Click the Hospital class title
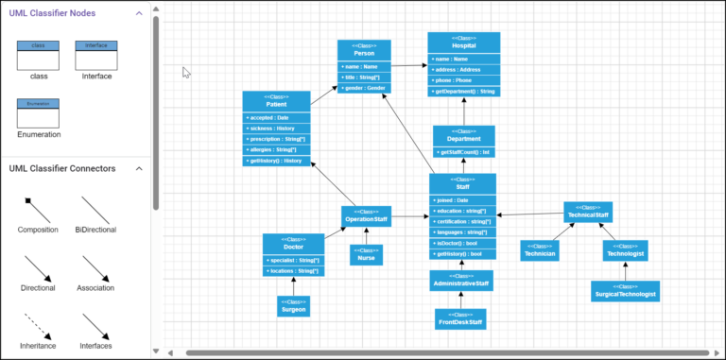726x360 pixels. click(x=463, y=44)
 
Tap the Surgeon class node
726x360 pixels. click(x=293, y=306)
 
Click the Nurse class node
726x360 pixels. click(x=366, y=254)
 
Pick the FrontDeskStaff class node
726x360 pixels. click(x=460, y=319)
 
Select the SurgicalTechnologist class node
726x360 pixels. click(x=625, y=291)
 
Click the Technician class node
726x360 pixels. click(x=540, y=249)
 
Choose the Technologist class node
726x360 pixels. click(x=625, y=249)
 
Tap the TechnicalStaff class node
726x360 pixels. click(x=587, y=212)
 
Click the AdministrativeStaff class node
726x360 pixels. click(x=460, y=280)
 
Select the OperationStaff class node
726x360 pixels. click(x=366, y=216)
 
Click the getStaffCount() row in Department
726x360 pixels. click(x=463, y=151)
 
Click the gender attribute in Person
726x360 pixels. click(x=364, y=88)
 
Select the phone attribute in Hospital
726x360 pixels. click(x=463, y=80)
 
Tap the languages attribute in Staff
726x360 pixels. click(x=461, y=231)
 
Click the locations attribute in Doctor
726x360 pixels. click(x=293, y=271)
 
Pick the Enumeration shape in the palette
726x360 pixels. click(x=39, y=113)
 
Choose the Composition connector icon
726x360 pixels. click(x=39, y=207)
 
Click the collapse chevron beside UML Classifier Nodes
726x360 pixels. click(x=139, y=13)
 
